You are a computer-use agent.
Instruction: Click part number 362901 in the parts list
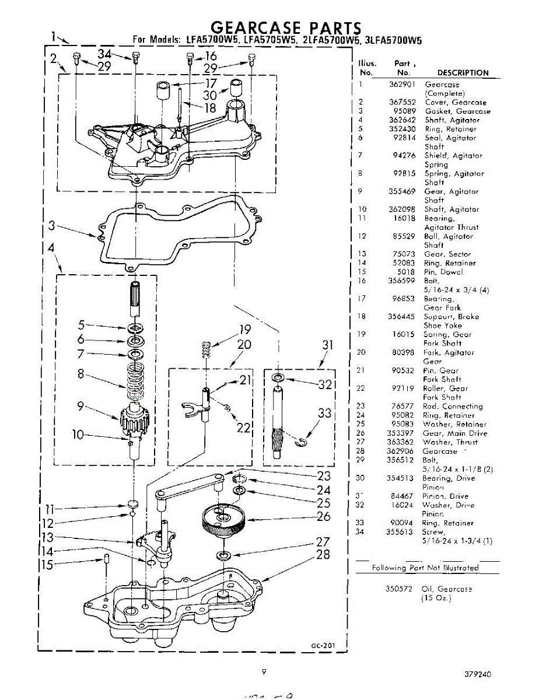(402, 85)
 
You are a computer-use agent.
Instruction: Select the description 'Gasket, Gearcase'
(457, 111)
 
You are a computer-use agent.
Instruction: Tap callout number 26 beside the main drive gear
(324, 516)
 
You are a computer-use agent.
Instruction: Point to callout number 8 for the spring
(81, 374)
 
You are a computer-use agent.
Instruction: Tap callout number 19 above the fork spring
(244, 330)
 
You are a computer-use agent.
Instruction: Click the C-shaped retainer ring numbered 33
(300, 444)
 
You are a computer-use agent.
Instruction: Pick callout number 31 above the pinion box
(328, 346)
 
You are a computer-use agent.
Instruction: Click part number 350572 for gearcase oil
(400, 589)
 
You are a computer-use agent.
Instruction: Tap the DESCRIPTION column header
(463, 73)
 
